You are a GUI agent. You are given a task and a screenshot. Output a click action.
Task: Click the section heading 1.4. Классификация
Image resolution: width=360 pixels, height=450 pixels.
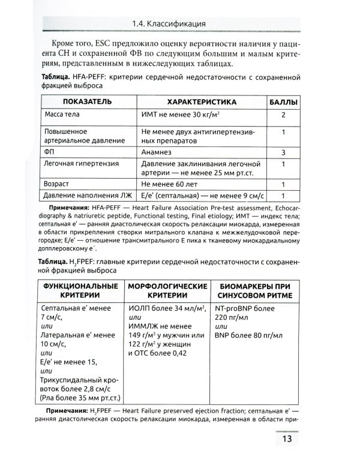click(x=169, y=23)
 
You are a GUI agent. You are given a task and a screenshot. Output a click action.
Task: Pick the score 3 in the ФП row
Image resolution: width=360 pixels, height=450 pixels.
click(x=283, y=152)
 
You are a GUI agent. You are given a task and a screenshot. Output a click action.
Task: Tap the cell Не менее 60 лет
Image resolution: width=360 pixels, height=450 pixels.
click(x=174, y=184)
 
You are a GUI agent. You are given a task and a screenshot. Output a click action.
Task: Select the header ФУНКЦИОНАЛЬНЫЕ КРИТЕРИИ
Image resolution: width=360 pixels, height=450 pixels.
click(x=80, y=290)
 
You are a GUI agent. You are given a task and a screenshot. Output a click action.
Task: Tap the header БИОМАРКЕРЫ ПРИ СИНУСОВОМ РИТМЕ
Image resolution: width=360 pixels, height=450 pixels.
click(x=254, y=290)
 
